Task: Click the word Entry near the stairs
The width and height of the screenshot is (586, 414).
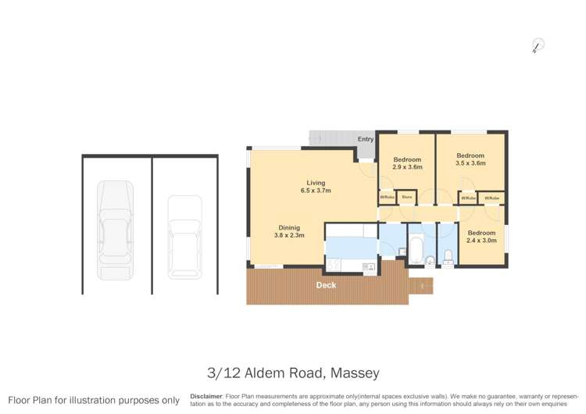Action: pos(366,140)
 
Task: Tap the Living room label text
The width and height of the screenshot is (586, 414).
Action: pos(316,183)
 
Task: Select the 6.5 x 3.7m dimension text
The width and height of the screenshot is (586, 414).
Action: pos(316,191)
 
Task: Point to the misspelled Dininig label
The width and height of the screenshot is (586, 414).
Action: pos(288,227)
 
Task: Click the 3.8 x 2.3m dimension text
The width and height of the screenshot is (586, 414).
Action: pos(288,235)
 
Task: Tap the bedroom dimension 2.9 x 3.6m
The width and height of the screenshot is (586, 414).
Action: pos(407,167)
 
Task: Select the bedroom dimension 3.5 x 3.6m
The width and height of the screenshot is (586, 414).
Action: pos(470,163)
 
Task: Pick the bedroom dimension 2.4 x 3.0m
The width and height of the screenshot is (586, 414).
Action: pos(481,241)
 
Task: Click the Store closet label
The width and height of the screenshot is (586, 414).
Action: pos(406,198)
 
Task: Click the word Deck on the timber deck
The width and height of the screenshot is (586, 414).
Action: pos(326,285)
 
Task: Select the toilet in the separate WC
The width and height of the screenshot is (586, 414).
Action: pos(448,259)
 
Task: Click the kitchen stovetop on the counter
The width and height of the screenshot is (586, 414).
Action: pos(368,267)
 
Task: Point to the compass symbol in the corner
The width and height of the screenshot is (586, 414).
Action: pos(536,46)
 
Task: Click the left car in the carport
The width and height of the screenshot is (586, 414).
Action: pos(114,230)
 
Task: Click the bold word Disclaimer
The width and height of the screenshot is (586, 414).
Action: pos(207,396)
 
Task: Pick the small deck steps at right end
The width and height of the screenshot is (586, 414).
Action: pos(421,287)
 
